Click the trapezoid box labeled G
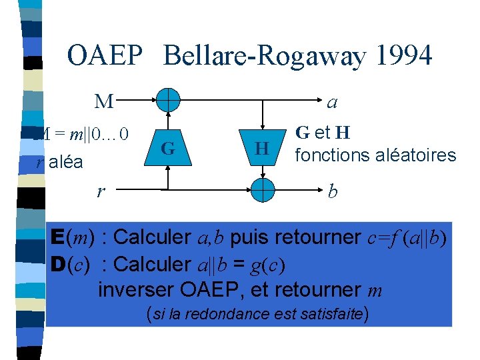pos(169,148)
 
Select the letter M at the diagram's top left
pos(104,101)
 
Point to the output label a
pos(332,101)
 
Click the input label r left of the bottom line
pos(101,191)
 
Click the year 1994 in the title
pos(403,56)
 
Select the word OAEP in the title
pos(105,56)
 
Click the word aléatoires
pos(416,155)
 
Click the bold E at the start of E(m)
pos(57,237)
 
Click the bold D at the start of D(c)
pos(58,263)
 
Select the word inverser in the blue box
pos(136,290)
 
